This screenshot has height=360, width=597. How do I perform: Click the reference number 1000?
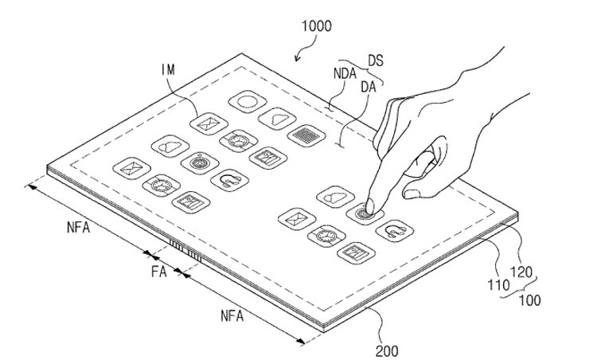pyautogui.click(x=316, y=26)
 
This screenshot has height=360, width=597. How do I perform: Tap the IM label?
pyautogui.click(x=168, y=70)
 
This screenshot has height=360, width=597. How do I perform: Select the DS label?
pyautogui.click(x=376, y=61)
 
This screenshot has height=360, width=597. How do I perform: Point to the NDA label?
pyautogui.click(x=345, y=73)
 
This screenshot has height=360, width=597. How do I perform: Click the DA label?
pyautogui.click(x=369, y=88)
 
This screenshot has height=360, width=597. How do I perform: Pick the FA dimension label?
pyautogui.click(x=158, y=272)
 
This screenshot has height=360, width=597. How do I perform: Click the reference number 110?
pyautogui.click(x=499, y=284)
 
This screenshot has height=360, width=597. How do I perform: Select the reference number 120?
pyautogui.click(x=521, y=272)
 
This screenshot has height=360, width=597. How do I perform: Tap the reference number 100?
pyautogui.click(x=529, y=300)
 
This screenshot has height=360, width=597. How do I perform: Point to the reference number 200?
pyautogui.click(x=387, y=351)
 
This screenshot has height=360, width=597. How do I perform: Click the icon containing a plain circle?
pyautogui.click(x=248, y=102)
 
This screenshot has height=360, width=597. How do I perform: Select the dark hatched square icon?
pyautogui.click(x=307, y=135)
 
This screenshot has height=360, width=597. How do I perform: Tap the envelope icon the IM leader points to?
pyautogui.click(x=209, y=123)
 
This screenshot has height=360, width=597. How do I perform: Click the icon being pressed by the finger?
pyautogui.click(x=365, y=213)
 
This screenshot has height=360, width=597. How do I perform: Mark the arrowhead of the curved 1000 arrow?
pyautogui.click(x=298, y=58)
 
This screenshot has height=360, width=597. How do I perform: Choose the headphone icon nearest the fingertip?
pyautogui.click(x=395, y=231)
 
